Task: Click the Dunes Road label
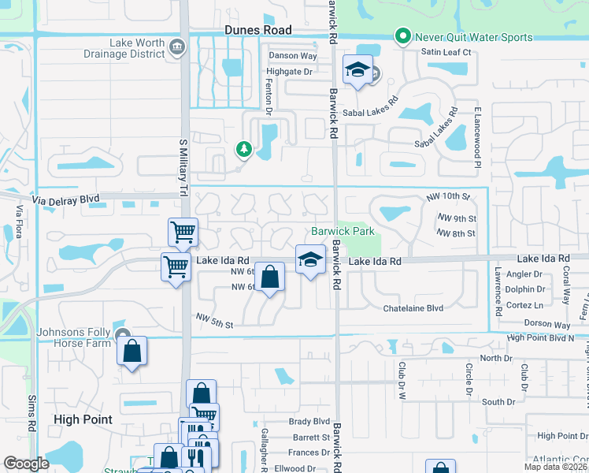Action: tap(257, 30)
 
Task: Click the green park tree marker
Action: tap(244, 148)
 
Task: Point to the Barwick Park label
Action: tap(342, 232)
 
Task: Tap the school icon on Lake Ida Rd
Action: tap(310, 259)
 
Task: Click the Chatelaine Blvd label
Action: tap(413, 308)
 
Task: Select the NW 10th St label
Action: tap(448, 196)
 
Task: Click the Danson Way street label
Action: tap(292, 56)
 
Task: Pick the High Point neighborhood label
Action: tap(82, 420)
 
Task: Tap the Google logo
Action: tap(26, 464)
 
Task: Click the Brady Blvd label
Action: tap(309, 422)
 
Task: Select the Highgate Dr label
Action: tap(291, 71)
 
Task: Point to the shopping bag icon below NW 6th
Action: tap(269, 277)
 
